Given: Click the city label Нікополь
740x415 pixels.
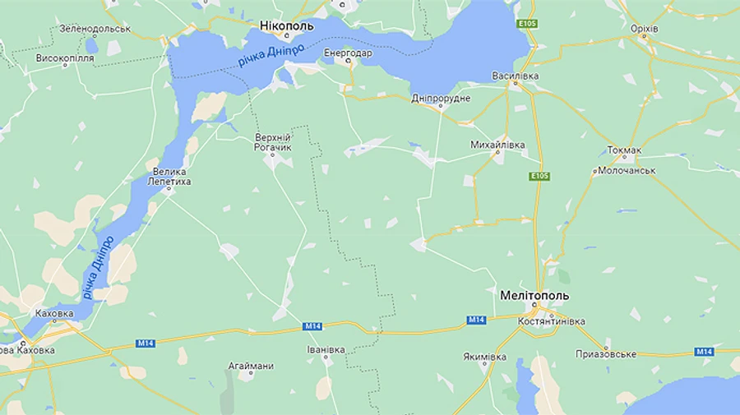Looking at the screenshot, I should (x=286, y=25).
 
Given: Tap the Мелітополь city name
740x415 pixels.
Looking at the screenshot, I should (x=534, y=295).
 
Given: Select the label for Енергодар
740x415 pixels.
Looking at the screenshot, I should (x=348, y=53).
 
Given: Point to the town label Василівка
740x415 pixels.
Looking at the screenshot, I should (x=516, y=76).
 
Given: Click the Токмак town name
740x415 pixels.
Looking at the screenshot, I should (x=624, y=150).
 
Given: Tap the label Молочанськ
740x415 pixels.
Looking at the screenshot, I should (x=627, y=170).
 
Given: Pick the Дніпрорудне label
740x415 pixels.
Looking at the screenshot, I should (x=441, y=99).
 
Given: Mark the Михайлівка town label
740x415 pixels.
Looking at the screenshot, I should (x=497, y=145).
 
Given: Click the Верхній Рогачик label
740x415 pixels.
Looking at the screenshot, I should (x=274, y=141).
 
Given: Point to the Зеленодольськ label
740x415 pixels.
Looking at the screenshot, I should (x=95, y=29).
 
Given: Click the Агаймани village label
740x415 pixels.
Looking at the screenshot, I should (x=250, y=366).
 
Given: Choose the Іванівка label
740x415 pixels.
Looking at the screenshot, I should (x=326, y=350).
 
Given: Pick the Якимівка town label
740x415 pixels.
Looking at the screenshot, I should (x=485, y=357).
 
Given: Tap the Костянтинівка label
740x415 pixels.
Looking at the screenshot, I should (x=552, y=321).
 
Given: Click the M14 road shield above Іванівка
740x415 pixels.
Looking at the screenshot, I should (x=312, y=326).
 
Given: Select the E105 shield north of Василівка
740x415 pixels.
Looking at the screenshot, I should (x=528, y=25).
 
